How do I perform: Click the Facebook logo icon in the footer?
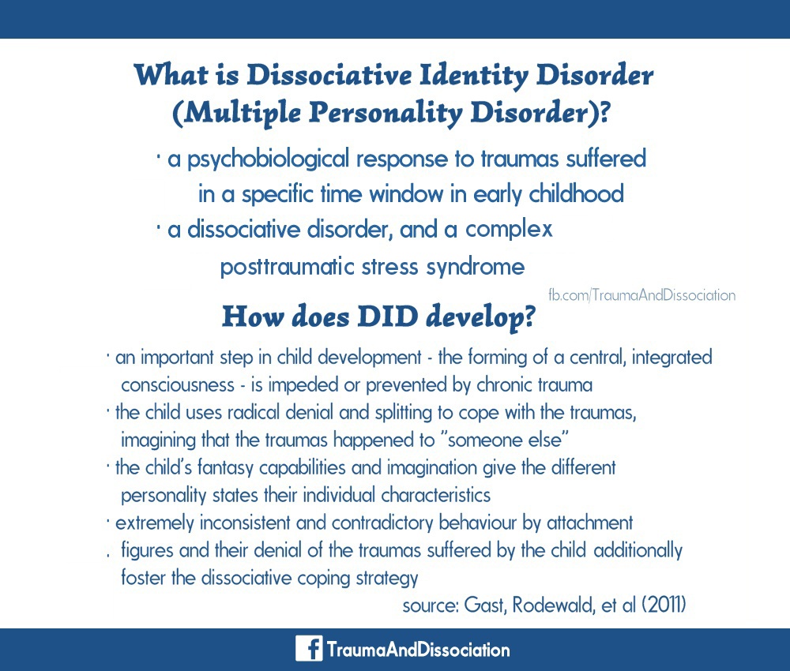point(309,648)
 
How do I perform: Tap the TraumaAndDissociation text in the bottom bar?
point(418,650)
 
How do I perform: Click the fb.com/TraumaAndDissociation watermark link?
point(641,295)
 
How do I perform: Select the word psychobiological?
point(268,159)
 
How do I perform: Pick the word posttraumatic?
point(288,267)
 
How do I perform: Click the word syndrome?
point(475,268)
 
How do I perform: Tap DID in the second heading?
point(387,317)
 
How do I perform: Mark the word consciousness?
point(178,385)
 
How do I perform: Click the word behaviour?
point(478,523)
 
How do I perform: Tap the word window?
point(406,194)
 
